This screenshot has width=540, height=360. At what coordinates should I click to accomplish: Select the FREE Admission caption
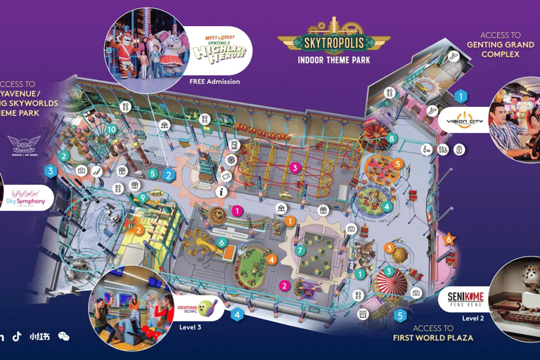point(214,82)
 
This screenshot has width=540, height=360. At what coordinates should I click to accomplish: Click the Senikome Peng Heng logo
point(465,300)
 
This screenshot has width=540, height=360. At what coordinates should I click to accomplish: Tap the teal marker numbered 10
point(112,129)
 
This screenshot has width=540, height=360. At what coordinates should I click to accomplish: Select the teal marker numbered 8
point(392,139)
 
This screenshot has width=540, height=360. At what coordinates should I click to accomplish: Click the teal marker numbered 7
point(300,250)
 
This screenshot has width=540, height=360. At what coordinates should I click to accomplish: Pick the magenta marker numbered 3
point(296,167)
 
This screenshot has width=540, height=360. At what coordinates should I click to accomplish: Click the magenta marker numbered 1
point(238,210)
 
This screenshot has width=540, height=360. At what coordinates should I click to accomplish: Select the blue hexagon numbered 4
point(238,314)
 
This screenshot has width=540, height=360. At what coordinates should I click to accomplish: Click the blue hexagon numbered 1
point(461,95)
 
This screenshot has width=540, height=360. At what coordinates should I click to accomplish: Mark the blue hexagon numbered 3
point(50,170)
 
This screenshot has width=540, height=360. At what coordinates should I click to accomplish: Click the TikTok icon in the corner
point(16,336)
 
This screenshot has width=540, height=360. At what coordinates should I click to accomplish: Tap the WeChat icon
point(64,336)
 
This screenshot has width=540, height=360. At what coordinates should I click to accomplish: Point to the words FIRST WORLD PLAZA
point(432,338)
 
